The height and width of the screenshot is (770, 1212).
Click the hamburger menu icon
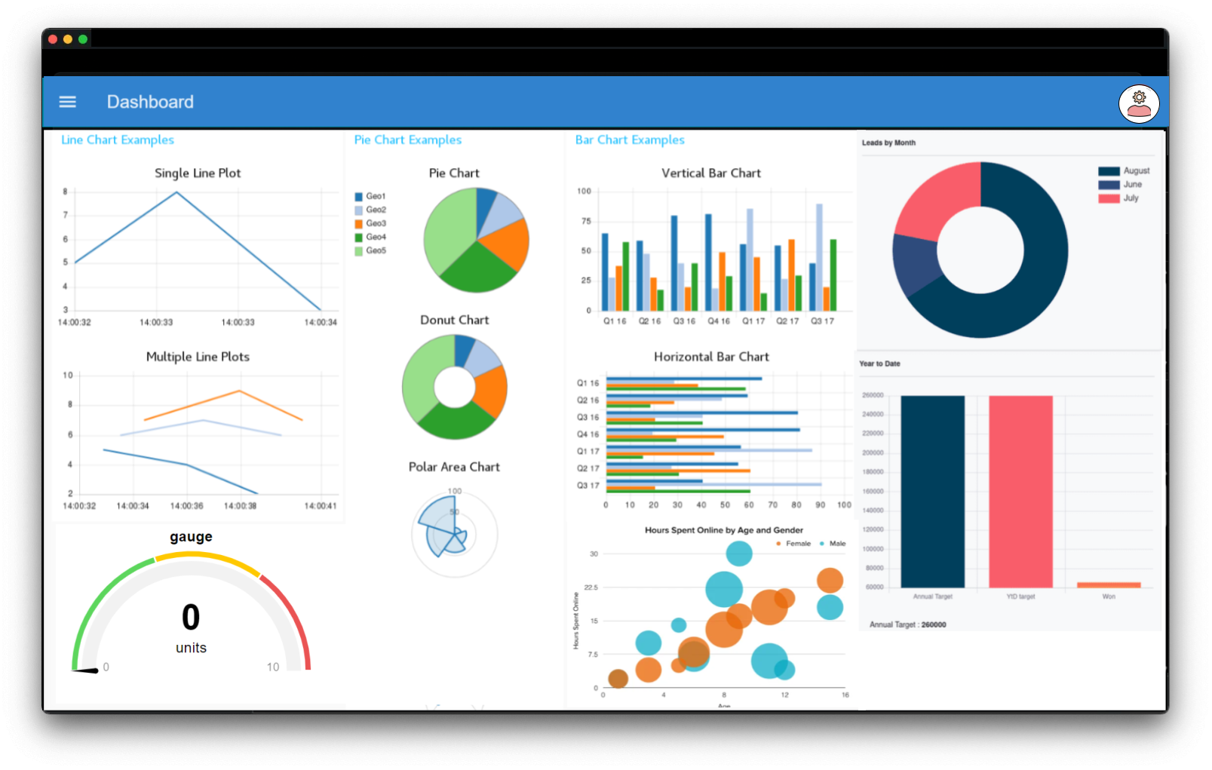click(67, 102)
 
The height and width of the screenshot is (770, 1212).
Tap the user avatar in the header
click(1138, 103)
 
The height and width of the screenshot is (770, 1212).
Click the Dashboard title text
click(150, 102)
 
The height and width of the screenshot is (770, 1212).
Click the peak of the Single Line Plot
click(176, 192)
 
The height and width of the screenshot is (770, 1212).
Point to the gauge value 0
click(191, 617)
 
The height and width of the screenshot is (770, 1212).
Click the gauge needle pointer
click(85, 670)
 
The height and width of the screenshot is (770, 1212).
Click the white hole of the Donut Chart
click(454, 388)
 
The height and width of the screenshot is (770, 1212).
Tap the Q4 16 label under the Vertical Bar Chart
click(718, 321)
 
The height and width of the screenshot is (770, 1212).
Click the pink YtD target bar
click(1020, 490)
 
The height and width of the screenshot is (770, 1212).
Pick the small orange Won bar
click(1109, 584)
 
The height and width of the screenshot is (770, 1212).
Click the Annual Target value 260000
click(934, 624)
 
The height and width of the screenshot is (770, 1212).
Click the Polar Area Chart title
click(454, 467)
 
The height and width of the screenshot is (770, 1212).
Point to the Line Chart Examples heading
click(118, 140)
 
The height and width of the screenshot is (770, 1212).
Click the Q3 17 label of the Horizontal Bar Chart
click(588, 486)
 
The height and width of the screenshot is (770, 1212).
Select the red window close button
click(53, 39)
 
